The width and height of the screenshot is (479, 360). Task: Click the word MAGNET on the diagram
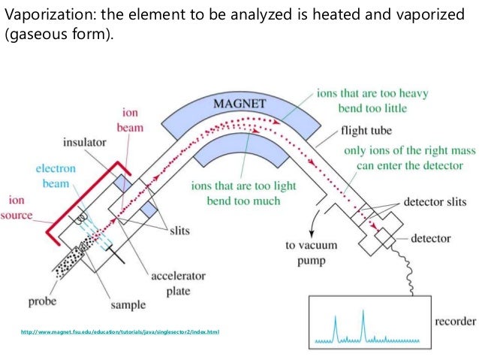(239, 104)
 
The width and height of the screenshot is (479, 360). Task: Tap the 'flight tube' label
(366, 130)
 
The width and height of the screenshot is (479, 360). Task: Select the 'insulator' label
(85, 142)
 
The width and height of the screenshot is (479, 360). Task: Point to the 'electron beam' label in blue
(56, 176)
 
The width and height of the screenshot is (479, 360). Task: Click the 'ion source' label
(17, 207)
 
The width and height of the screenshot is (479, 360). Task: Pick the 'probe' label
(43, 302)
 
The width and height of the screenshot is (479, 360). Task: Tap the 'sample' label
(128, 305)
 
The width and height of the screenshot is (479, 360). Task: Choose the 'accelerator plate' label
(178, 283)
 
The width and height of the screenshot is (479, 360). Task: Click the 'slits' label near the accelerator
(179, 230)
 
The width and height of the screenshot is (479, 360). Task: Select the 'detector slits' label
(435, 202)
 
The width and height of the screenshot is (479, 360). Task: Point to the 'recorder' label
(455, 321)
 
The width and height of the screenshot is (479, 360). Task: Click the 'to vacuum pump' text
(312, 253)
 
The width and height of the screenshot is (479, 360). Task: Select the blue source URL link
(120, 332)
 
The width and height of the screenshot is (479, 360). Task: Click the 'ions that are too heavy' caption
(372, 93)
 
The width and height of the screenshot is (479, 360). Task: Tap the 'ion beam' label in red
(130, 120)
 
